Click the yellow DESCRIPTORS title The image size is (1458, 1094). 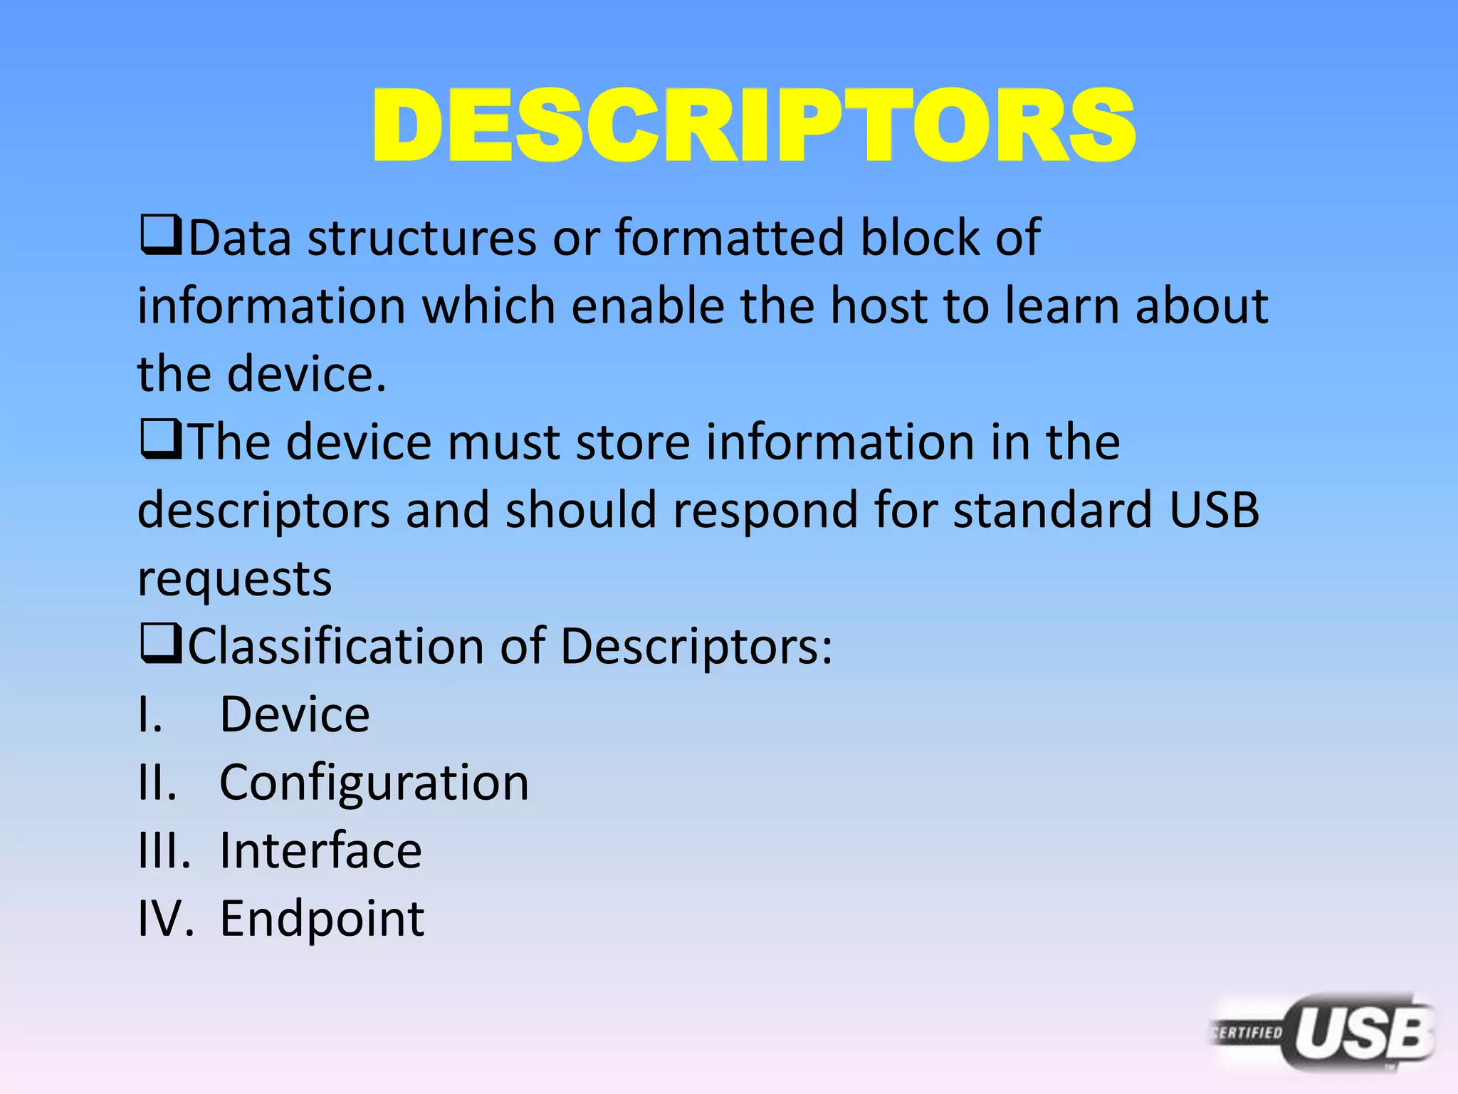click(753, 126)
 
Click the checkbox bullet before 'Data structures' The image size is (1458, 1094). click(161, 236)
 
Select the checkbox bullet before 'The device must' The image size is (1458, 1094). click(161, 441)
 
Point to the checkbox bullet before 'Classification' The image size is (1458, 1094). click(161, 645)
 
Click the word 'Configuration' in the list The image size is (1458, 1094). click(374, 783)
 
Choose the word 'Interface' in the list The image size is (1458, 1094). click(320, 850)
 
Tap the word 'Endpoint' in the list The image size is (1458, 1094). click(322, 919)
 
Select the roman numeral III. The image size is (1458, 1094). click(164, 850)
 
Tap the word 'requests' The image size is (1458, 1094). click(234, 579)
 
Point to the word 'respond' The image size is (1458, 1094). click(765, 511)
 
